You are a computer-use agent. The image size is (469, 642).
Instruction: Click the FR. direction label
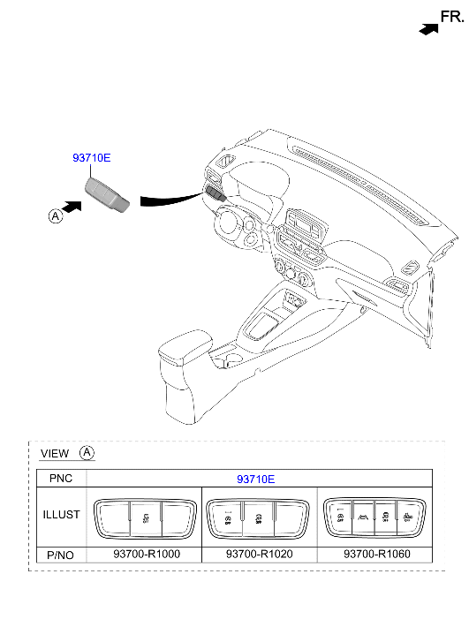point(452,17)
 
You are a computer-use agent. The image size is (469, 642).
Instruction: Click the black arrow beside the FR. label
point(429,29)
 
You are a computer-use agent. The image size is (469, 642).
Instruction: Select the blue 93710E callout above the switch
point(91,158)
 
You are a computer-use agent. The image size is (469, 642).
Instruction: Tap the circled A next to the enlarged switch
point(56,215)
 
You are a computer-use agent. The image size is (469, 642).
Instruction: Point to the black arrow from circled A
point(72,208)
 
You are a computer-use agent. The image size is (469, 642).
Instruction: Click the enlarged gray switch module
point(107,195)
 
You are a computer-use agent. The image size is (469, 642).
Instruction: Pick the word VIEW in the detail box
point(55,454)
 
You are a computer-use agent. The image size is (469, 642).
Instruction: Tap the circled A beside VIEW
point(87,452)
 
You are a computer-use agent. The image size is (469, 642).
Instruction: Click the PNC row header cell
point(61,479)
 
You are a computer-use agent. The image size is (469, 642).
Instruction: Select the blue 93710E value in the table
point(255,479)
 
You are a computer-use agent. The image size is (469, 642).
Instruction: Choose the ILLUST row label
point(62,515)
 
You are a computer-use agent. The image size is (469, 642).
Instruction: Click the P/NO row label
point(61,555)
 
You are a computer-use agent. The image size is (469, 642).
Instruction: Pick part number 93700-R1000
point(147,554)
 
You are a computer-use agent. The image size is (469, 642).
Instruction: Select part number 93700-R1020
point(260,554)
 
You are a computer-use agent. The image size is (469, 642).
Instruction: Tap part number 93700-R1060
point(377,554)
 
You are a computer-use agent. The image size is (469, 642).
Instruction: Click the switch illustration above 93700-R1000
point(145,518)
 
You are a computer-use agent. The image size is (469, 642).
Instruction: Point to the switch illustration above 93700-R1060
point(374,517)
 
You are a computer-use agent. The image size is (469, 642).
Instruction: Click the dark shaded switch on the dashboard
point(216,193)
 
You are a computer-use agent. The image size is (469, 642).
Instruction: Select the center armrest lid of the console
point(185,346)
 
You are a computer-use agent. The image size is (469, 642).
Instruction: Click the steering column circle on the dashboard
point(226,223)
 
